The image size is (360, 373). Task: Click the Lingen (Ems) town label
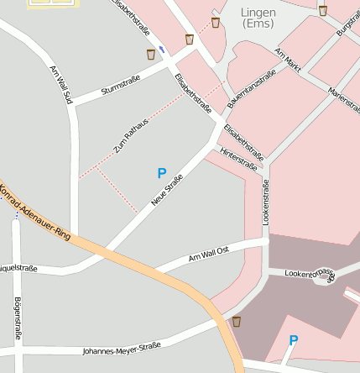click(257, 18)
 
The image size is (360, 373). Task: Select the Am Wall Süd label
click(61, 85)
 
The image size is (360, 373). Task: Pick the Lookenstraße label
click(265, 201)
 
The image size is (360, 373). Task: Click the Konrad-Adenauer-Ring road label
click(34, 209)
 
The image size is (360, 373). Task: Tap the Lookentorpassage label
click(310, 273)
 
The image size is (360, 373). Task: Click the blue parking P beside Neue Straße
click(162, 173)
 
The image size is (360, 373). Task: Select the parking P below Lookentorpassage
click(293, 340)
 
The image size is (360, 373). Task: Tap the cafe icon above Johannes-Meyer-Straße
click(237, 321)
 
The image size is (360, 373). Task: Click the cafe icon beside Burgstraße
click(323, 10)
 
